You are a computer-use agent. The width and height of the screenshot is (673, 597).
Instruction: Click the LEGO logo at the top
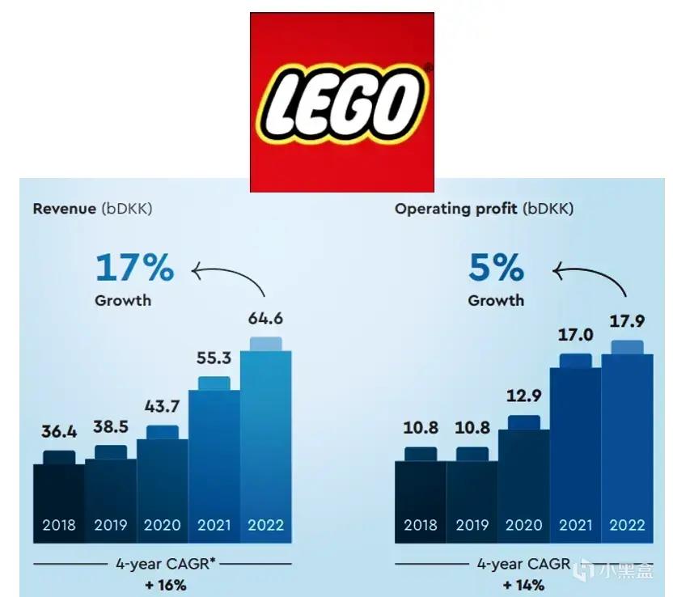tap(342, 102)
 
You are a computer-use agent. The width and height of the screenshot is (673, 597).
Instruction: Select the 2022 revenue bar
tap(265, 437)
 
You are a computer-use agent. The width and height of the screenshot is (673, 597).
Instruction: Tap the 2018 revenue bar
tap(58, 493)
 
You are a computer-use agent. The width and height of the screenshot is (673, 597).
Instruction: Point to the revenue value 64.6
tap(265, 318)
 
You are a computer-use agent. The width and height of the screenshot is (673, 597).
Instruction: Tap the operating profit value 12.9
tap(523, 398)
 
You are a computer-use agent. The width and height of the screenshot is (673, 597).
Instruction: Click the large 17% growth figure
tap(134, 268)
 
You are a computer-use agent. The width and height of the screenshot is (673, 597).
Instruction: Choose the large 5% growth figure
tap(496, 268)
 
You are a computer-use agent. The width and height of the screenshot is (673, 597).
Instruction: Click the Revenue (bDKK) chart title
tap(92, 209)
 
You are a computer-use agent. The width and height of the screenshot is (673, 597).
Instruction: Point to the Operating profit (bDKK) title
tap(484, 209)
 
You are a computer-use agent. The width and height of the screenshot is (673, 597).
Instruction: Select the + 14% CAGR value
tap(523, 584)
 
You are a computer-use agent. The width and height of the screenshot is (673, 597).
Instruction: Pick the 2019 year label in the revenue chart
tap(111, 525)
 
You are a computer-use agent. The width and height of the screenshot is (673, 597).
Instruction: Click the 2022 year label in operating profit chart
tap(627, 525)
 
